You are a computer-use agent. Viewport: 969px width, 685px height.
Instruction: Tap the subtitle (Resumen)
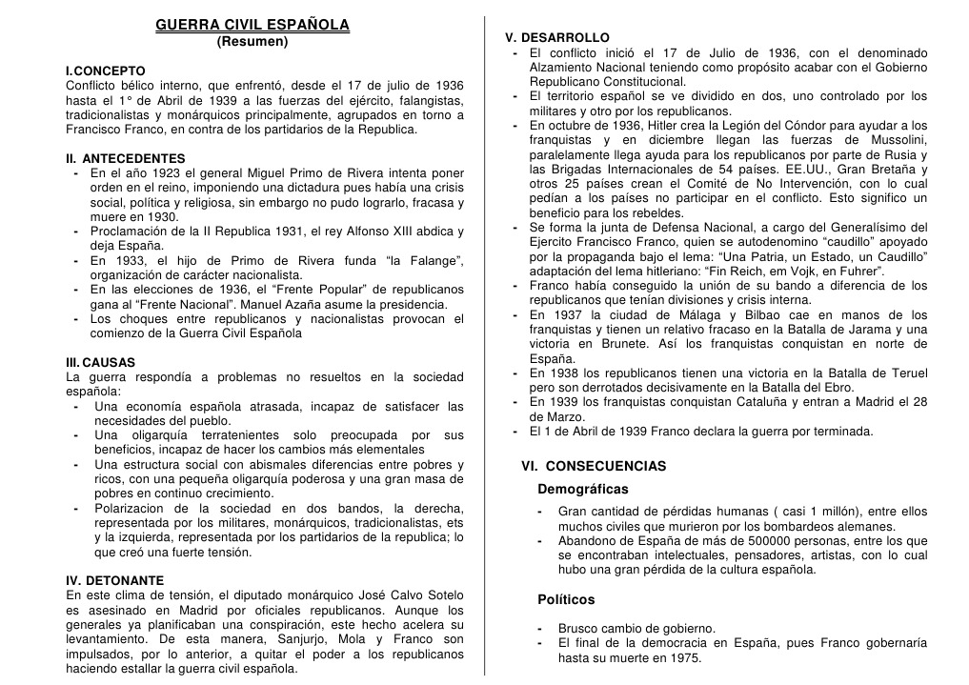252,42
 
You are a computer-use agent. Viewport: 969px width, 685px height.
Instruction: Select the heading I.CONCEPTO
105,71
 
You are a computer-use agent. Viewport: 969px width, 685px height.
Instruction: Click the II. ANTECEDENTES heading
125,158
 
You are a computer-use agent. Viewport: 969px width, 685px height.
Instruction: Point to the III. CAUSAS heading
100,363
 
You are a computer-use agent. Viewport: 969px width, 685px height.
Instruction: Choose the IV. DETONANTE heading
114,580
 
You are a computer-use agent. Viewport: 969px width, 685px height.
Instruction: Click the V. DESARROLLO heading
557,37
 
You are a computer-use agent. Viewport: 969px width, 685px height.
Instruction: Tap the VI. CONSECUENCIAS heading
594,467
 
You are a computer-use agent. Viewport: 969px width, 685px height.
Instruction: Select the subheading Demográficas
582,490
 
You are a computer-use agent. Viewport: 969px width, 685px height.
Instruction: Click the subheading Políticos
565,600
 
